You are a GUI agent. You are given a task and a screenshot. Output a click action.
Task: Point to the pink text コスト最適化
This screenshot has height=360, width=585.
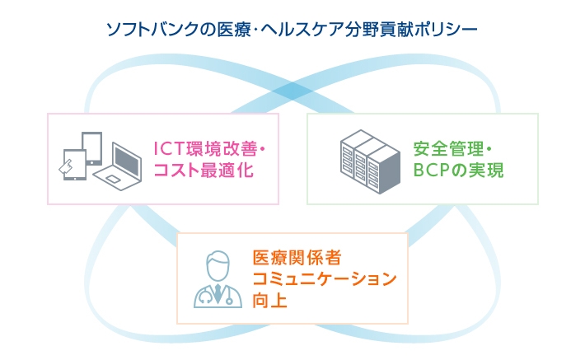[x=203, y=171]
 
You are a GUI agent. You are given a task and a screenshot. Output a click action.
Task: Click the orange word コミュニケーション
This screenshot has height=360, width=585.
[x=325, y=278]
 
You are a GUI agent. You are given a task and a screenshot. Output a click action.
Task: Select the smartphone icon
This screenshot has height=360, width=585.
[x=71, y=164]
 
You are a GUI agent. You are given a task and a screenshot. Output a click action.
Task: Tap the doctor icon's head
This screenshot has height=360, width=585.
[x=218, y=265]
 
